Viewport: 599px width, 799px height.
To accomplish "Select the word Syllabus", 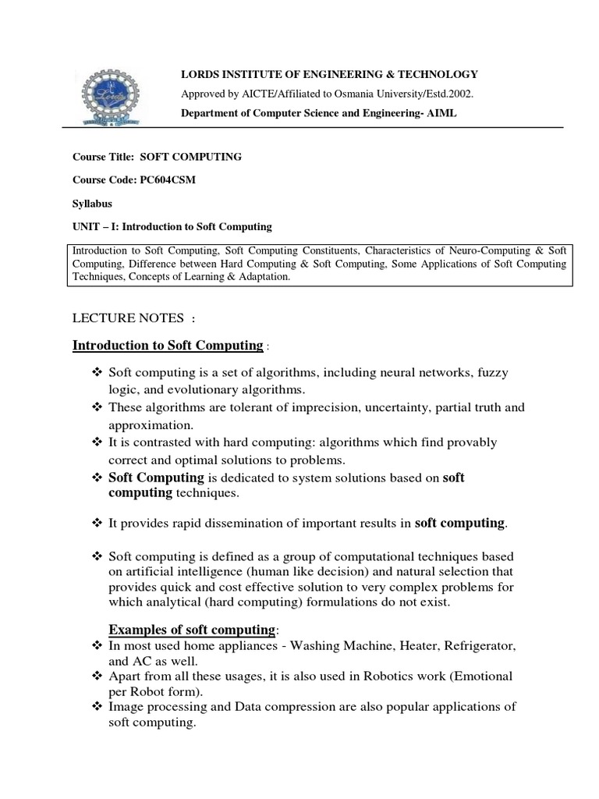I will tap(92, 203).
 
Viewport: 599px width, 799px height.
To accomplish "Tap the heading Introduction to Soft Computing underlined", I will tap(167, 346).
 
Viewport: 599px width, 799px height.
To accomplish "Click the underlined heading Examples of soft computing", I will tap(192, 629).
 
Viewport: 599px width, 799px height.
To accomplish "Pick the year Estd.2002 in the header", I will tap(444, 94).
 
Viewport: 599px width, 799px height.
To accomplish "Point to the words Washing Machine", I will tap(343, 648).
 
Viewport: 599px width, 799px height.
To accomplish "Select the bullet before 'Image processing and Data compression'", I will tap(97, 707).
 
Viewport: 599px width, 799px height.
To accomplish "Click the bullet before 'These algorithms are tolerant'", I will tap(97, 408).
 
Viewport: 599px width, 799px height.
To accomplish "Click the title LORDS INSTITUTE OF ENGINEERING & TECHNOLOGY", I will tap(329, 74).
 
